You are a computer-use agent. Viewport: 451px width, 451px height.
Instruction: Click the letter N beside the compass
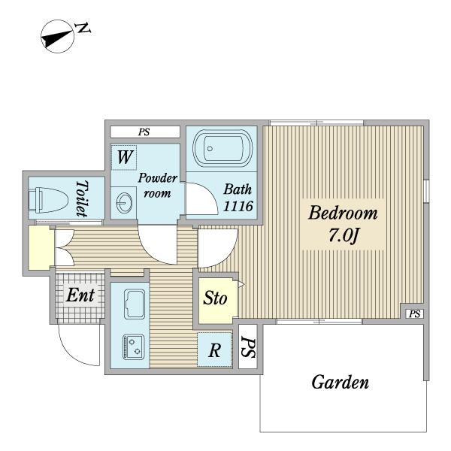(83, 29)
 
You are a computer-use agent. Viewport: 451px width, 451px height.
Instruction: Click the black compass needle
(57, 38)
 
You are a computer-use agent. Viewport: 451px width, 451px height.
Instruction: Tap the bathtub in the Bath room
(222, 148)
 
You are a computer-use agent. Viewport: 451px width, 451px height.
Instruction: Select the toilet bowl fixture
(49, 200)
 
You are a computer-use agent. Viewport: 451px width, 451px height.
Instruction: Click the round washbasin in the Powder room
(124, 202)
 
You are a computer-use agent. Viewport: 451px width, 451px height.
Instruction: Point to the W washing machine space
(124, 157)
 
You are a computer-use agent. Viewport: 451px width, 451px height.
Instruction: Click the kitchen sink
(135, 304)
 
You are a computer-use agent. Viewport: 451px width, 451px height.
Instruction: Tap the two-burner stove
(134, 347)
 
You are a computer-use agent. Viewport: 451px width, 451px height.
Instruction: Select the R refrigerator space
(214, 350)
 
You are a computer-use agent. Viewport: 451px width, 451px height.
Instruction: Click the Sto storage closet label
(215, 298)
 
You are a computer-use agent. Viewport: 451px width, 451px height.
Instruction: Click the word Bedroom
(343, 213)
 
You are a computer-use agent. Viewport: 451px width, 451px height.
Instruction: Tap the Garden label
(341, 383)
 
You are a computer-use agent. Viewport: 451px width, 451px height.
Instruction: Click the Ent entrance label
(80, 295)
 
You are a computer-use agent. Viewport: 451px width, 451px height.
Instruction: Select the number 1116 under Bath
(238, 206)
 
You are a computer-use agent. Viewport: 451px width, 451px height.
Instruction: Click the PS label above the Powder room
(144, 132)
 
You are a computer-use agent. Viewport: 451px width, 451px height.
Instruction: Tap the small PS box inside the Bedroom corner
(414, 313)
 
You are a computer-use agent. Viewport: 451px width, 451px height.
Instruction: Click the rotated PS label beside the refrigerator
(248, 347)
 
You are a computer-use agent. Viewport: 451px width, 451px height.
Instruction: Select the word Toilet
(82, 198)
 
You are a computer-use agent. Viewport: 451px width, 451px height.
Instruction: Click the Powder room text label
(157, 186)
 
